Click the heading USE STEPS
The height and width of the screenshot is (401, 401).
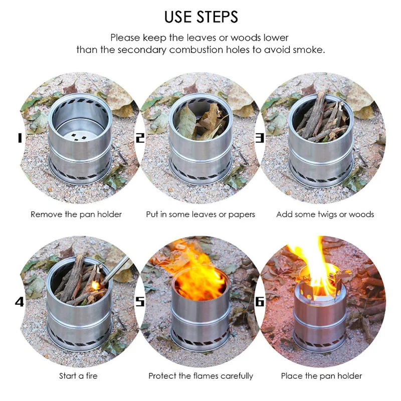(x=201, y=17)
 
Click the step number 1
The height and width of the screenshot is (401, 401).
(x=20, y=137)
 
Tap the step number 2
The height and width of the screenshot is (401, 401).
(x=140, y=137)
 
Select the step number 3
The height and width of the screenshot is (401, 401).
(x=260, y=137)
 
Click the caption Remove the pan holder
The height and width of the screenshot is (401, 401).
(x=76, y=215)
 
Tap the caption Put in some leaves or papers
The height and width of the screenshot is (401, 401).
(x=200, y=215)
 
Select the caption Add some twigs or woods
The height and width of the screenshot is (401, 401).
(x=325, y=215)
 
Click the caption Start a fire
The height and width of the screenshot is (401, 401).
(x=78, y=375)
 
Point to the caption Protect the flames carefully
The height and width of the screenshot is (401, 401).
(x=200, y=375)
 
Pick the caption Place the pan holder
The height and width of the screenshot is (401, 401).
(x=321, y=375)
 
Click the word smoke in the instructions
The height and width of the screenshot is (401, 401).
(x=311, y=50)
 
